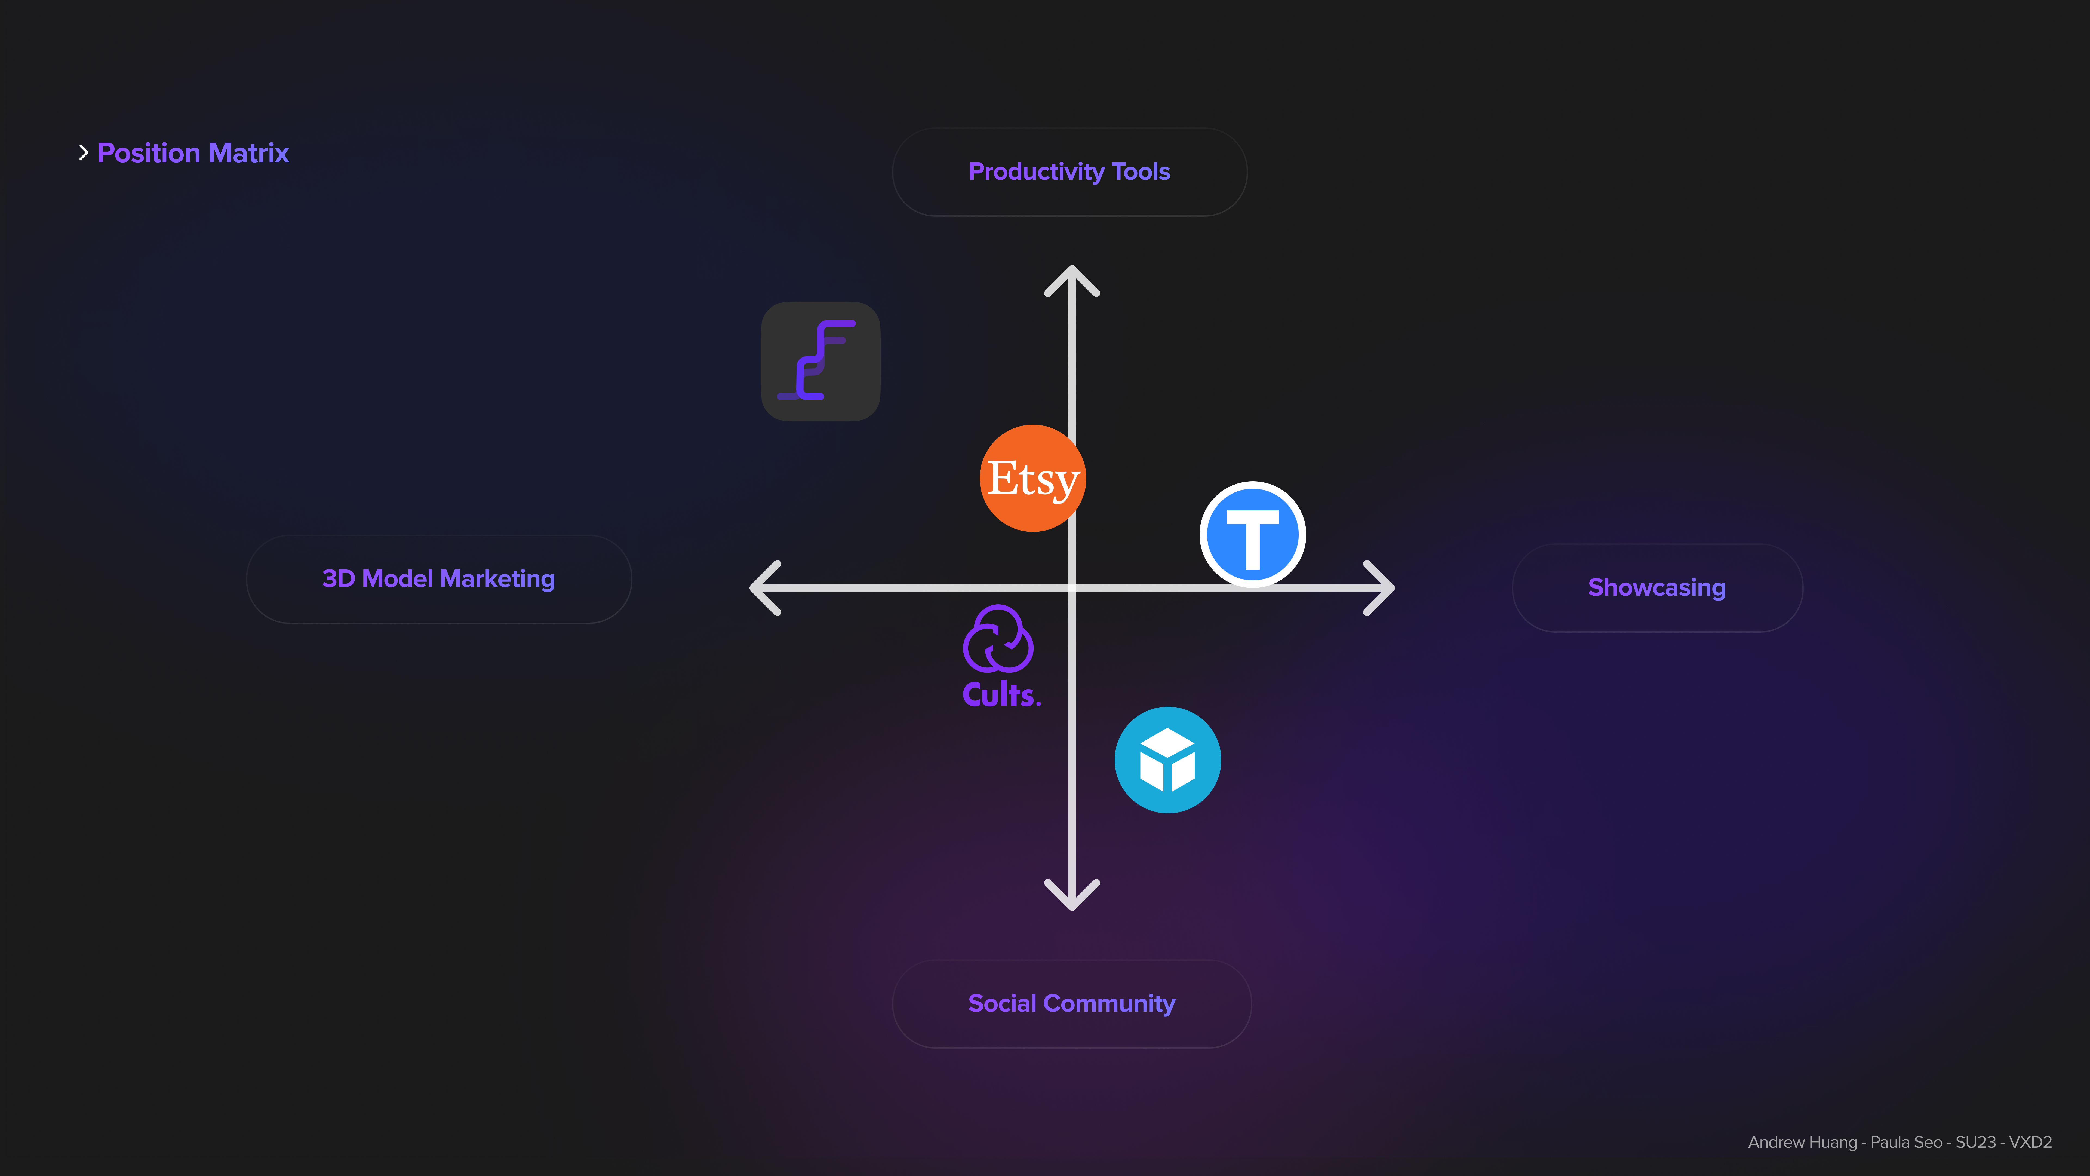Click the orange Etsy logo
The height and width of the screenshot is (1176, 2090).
[x=1032, y=478]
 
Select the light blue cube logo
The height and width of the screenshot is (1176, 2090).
[x=1167, y=760]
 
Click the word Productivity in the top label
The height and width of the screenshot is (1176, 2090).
[x=1036, y=172]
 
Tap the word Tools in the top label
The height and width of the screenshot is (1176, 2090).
[x=1141, y=172]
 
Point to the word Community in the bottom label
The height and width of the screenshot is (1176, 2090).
[x=1109, y=1004]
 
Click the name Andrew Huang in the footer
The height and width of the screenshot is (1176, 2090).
[x=1802, y=1142]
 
